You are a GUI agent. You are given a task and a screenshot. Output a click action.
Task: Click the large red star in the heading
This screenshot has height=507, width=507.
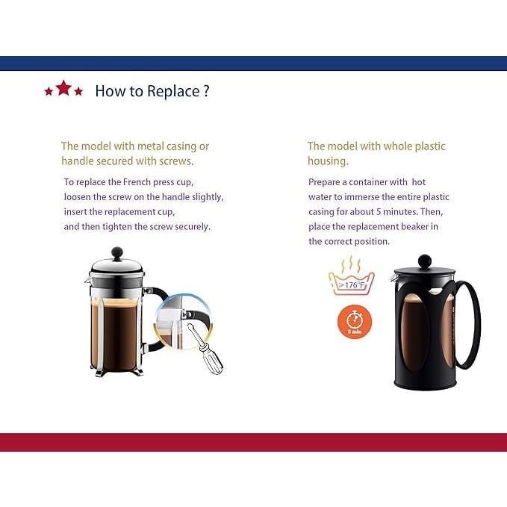coord(63,87)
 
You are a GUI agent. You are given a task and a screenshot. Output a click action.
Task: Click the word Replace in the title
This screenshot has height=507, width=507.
coord(173,92)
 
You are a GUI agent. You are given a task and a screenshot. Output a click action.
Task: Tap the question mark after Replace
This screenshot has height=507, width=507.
coord(207,91)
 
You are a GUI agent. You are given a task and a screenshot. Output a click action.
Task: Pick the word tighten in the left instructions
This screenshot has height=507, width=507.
coord(116,227)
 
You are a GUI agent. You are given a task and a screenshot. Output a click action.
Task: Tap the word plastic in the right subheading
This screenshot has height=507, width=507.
coord(430,146)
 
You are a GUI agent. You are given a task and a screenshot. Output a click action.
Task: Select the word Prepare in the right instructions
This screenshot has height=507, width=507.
coord(324,182)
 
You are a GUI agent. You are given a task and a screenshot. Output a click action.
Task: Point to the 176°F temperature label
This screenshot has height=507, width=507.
coord(352,285)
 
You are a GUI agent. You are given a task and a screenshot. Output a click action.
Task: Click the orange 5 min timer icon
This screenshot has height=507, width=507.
coord(355,323)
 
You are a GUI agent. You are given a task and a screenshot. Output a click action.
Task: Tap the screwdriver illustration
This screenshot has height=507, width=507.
coord(205,349)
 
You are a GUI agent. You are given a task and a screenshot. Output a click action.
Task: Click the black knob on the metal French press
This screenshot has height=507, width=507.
coord(116,253)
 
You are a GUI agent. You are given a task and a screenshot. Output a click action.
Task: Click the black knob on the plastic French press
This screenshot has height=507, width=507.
coord(425,261)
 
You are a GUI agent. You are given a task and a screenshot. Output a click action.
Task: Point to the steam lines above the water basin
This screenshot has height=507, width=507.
coord(350,264)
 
